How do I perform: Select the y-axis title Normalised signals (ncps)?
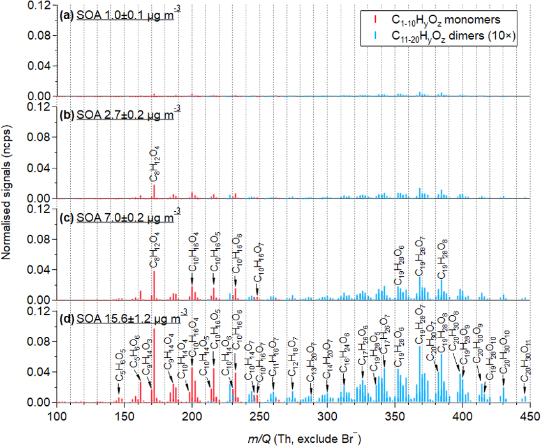point(8,205)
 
